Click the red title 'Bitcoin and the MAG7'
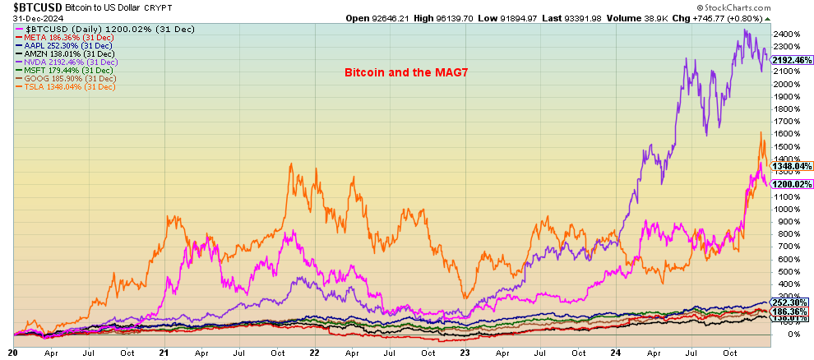[400, 73]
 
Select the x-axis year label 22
[314, 352]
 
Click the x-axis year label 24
[613, 352]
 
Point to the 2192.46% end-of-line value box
[792, 60]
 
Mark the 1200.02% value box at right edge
[792, 184]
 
